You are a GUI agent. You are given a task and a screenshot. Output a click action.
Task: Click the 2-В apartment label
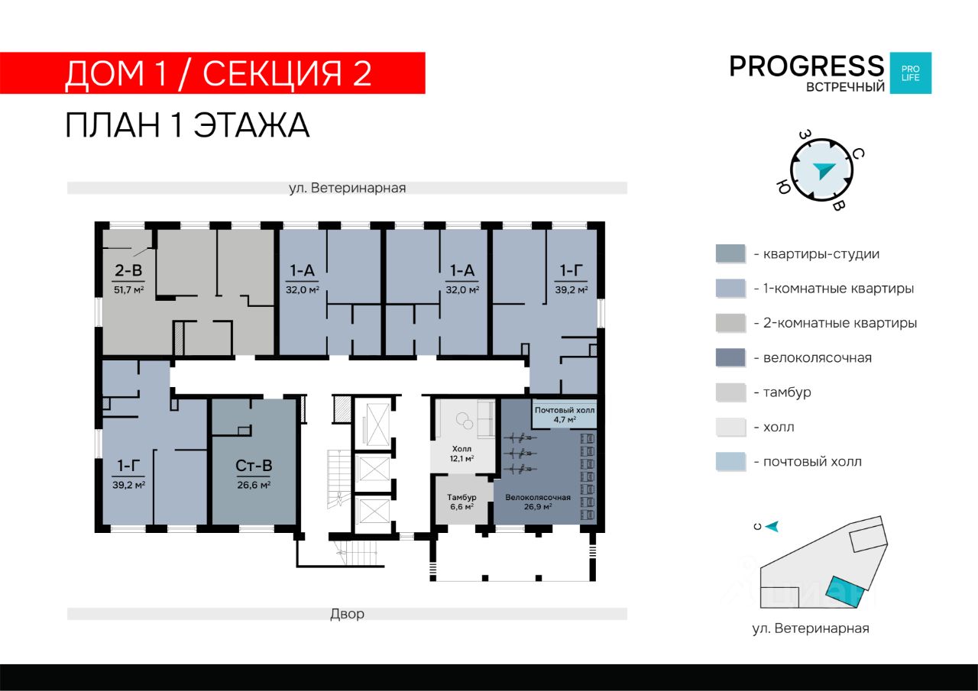[128, 270]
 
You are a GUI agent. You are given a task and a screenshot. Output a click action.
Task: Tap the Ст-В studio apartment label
[254, 466]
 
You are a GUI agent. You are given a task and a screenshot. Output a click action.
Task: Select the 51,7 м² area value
[129, 289]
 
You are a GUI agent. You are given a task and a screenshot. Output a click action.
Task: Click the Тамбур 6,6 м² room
[461, 502]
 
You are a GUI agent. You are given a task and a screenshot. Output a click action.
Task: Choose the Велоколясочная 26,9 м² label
[538, 502]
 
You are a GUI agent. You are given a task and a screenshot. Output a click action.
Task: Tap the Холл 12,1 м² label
[461, 454]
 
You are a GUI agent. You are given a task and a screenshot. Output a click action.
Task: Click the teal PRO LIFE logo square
[911, 73]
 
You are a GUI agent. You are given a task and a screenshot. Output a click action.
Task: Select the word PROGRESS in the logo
[807, 66]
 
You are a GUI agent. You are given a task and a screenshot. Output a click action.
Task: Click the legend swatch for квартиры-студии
[730, 253]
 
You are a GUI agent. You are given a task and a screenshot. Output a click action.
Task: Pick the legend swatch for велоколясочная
[730, 357]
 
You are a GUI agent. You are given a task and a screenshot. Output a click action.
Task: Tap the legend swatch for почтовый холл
[730, 461]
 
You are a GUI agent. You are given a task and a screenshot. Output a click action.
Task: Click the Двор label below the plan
[347, 614]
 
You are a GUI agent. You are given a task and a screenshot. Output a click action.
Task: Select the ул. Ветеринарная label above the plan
[347, 188]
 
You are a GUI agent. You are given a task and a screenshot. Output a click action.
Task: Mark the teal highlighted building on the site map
[845, 592]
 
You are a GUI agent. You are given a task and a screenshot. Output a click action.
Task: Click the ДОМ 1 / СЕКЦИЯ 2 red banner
[212, 73]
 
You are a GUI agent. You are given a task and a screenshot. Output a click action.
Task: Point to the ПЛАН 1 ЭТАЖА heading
[187, 125]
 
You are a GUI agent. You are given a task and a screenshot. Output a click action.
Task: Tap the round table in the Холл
[463, 421]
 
